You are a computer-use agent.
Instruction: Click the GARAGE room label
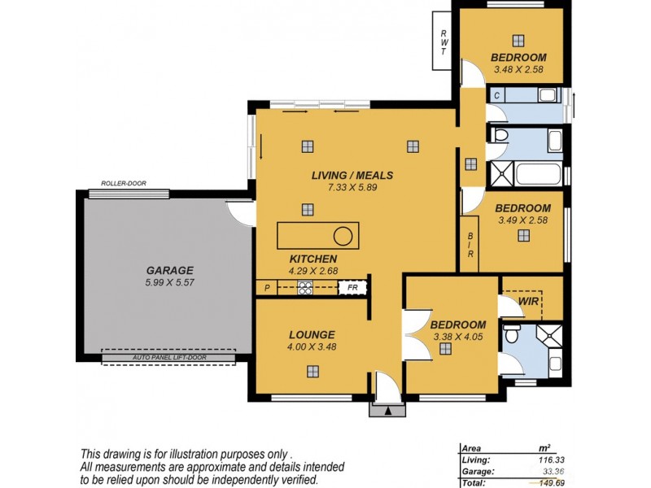tap(169, 270)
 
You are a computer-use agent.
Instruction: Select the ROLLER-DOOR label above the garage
tap(123, 184)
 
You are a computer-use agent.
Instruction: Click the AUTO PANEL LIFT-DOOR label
tap(168, 357)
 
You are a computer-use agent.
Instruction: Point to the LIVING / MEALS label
tap(352, 175)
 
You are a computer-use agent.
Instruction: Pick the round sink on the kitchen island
tap(343, 237)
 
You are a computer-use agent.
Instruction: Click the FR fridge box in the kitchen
tap(352, 287)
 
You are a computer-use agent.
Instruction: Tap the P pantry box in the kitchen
tap(267, 287)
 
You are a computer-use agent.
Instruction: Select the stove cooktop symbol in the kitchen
tap(305, 287)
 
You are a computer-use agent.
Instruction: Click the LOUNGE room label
tap(312, 334)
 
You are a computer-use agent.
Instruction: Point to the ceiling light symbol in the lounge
tap(312, 371)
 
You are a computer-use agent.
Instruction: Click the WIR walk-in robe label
tap(529, 302)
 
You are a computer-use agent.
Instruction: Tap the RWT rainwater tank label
tap(443, 41)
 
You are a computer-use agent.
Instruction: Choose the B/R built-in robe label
tap(470, 244)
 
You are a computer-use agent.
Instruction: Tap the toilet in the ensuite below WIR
tap(512, 333)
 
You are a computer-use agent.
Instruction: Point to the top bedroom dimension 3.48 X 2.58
tap(518, 69)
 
